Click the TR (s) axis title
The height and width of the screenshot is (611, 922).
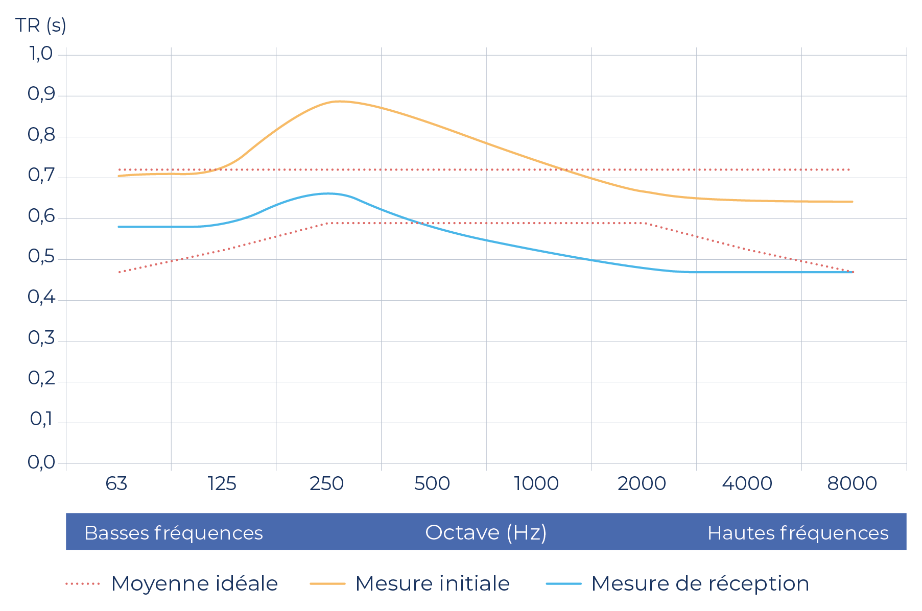point(41,25)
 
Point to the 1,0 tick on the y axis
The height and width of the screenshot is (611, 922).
point(41,53)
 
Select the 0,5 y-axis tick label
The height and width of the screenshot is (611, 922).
point(41,257)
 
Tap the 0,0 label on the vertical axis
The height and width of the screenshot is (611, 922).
point(41,462)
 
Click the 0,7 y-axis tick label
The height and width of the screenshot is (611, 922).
point(41,176)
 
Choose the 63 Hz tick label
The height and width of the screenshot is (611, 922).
point(116,483)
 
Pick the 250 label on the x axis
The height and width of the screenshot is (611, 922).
point(326,483)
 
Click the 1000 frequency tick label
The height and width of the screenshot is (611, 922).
point(536,483)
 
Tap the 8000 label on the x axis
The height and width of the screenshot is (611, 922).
point(852,483)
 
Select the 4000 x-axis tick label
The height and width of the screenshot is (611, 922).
point(747,483)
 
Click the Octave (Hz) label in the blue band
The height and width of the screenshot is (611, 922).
point(486,532)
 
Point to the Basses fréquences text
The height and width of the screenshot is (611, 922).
point(174,533)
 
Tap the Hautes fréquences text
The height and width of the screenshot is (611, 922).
point(798,533)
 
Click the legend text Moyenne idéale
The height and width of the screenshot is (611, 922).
point(195,583)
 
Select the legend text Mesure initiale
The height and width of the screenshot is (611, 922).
point(433,583)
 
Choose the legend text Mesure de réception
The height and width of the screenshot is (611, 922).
point(700,583)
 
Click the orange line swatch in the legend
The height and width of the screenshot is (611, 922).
point(327,583)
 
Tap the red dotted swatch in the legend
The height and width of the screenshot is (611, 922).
point(83,583)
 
